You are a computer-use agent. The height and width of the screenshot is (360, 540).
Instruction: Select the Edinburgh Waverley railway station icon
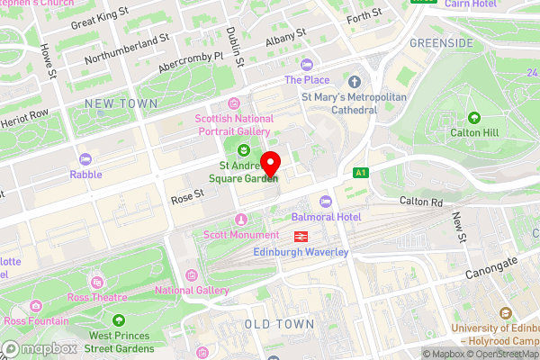click(x=299, y=236)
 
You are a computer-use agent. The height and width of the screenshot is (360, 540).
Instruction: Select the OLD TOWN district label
click(x=279, y=324)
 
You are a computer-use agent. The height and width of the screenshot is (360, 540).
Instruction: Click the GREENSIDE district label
click(x=441, y=42)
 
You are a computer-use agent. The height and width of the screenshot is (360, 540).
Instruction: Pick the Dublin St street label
click(x=236, y=46)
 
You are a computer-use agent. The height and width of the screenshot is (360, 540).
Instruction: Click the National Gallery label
click(x=191, y=290)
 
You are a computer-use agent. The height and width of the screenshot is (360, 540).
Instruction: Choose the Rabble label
click(x=85, y=174)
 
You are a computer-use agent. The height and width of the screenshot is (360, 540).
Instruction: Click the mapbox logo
click(x=39, y=348)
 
